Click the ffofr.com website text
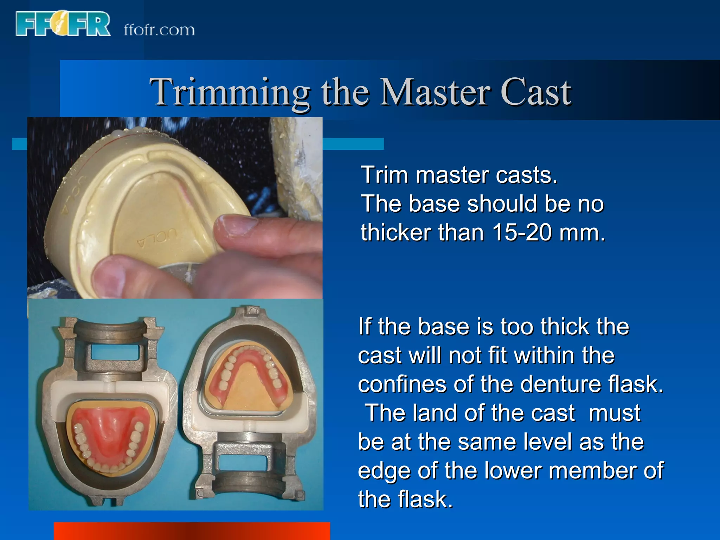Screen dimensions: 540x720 click(159, 30)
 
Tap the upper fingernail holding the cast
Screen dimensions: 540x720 click(238, 225)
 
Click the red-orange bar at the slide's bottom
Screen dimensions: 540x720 click(192, 531)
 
